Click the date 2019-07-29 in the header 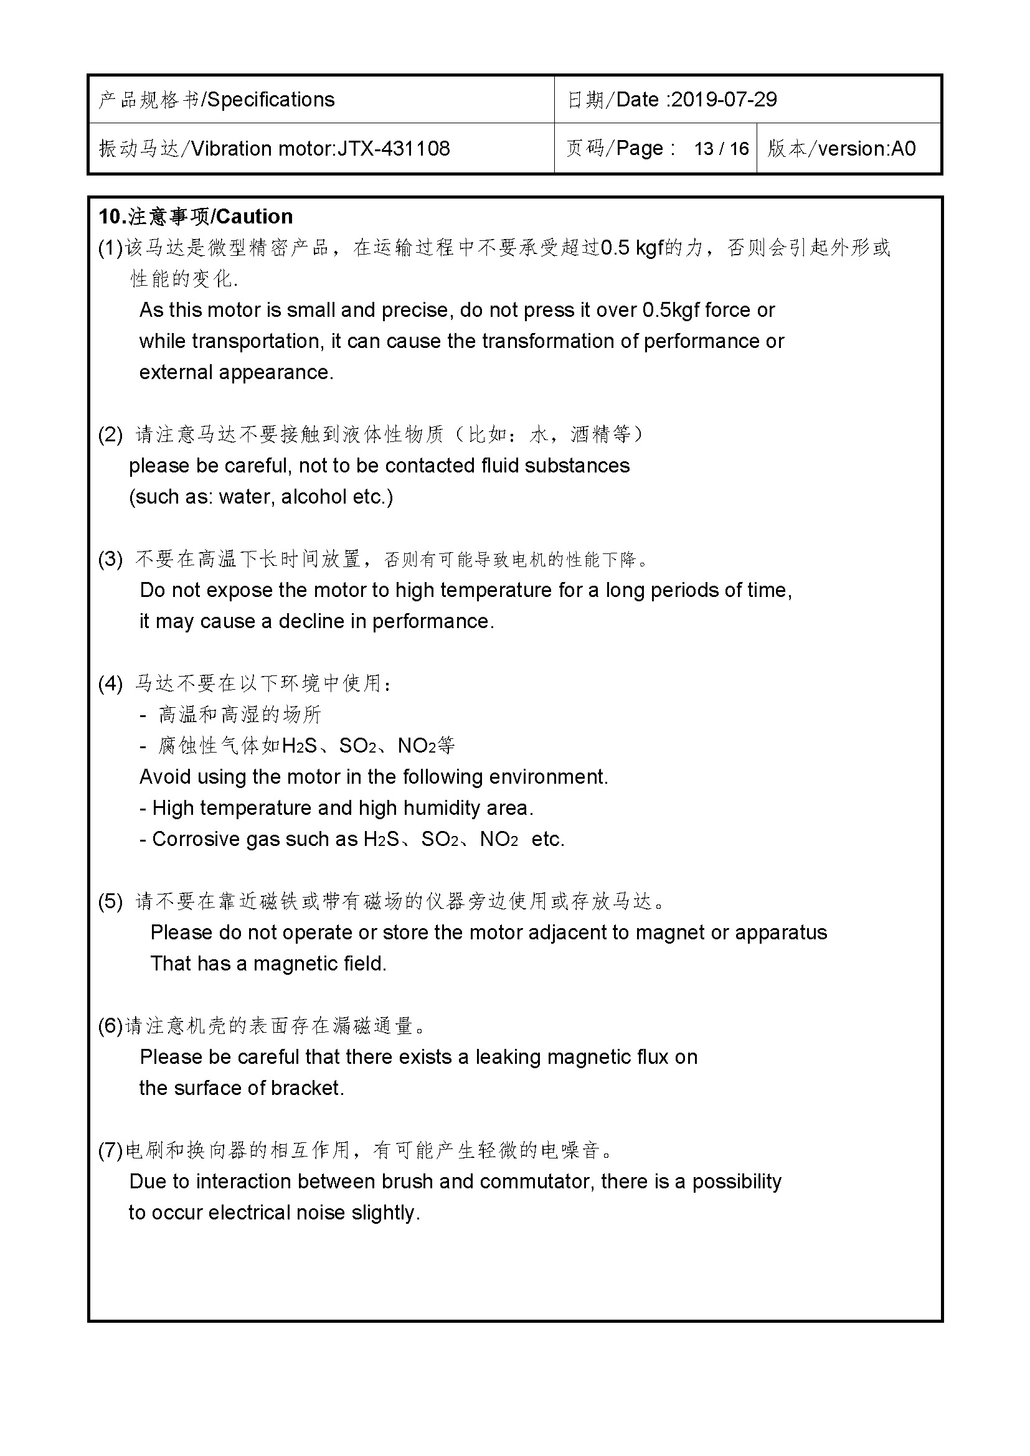click(x=724, y=100)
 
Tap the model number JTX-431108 click(x=393, y=149)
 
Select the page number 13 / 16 click(x=721, y=149)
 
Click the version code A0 click(x=903, y=149)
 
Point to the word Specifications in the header click(x=271, y=100)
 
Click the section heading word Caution click(x=253, y=217)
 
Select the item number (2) click(x=110, y=434)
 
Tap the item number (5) click(x=110, y=901)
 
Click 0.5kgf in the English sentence click(x=670, y=310)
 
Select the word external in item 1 click(x=176, y=372)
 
